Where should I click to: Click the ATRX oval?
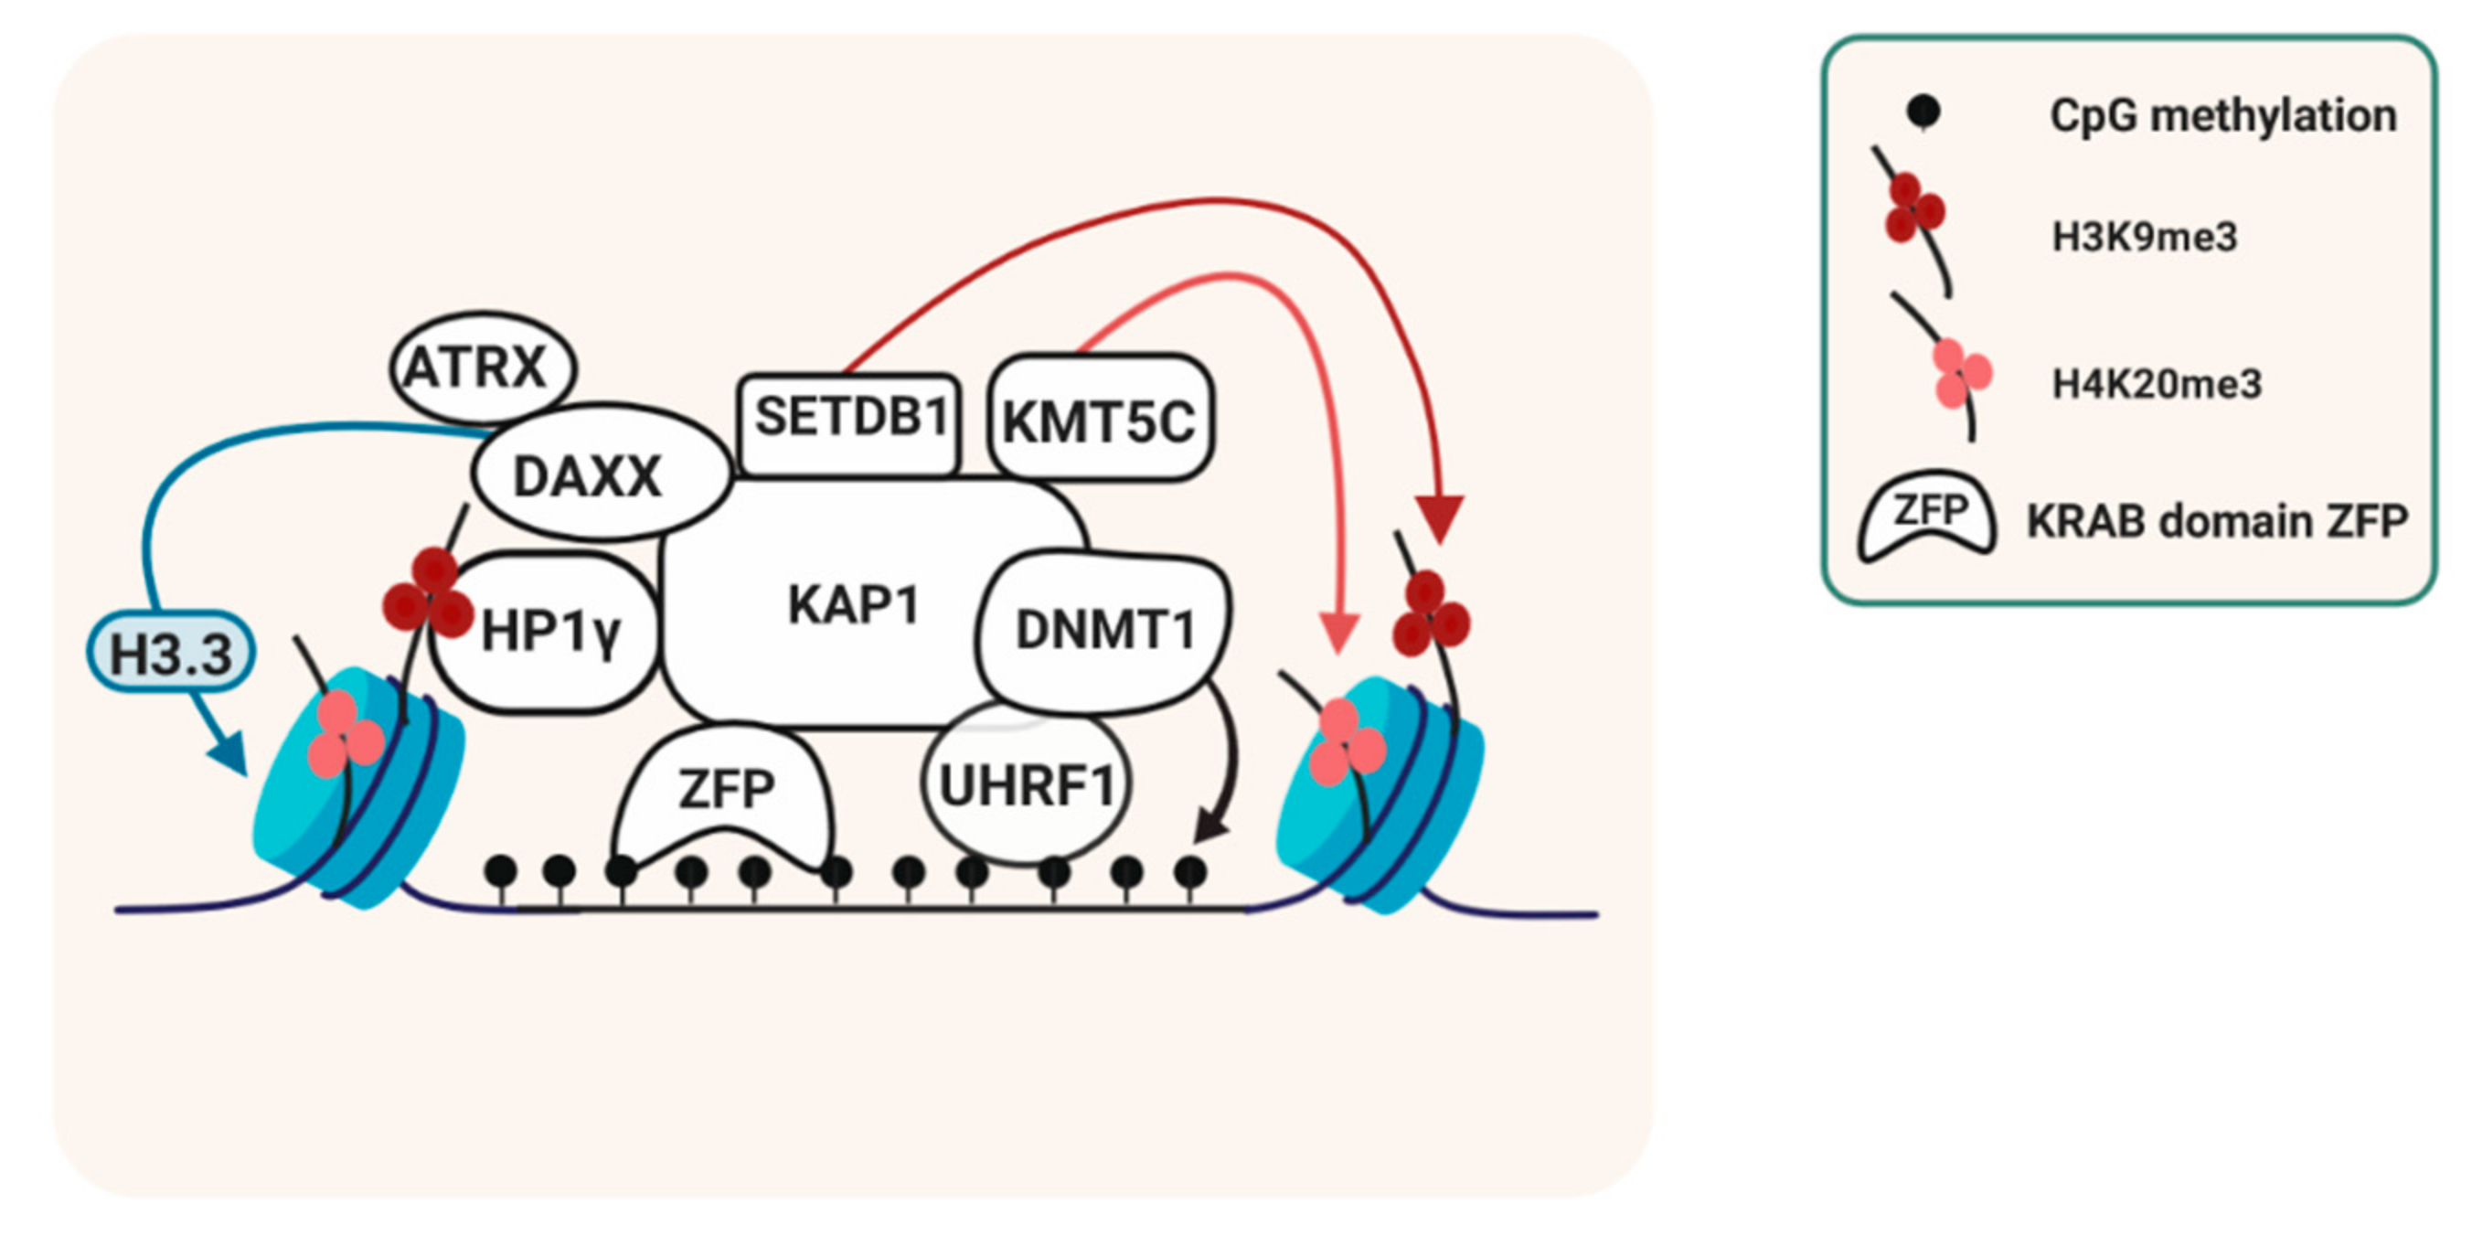pos(483,368)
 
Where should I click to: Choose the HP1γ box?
pos(549,633)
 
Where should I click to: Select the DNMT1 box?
pos(1103,631)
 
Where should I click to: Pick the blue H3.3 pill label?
pos(171,655)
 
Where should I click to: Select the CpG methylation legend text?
pos(2222,116)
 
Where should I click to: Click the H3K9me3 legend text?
pos(2144,236)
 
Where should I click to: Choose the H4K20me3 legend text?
pos(2157,384)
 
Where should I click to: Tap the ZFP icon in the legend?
pos(1927,517)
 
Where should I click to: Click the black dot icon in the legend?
pos(1923,112)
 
